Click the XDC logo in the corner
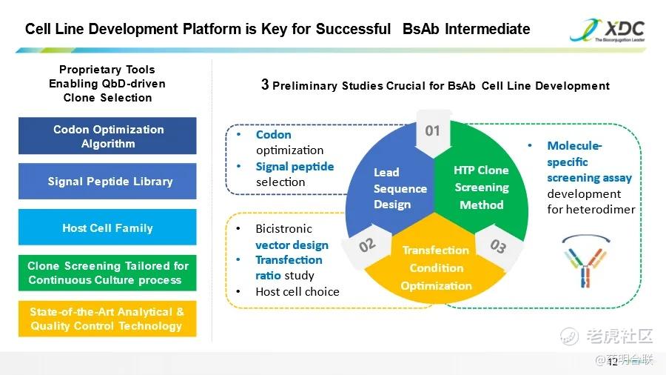[608, 30]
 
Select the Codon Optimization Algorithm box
[107, 136]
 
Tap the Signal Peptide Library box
[107, 182]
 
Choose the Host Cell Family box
[107, 228]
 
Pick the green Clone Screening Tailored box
[107, 273]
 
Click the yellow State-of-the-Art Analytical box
[107, 319]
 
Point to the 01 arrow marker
[433, 133]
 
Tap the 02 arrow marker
[367, 246]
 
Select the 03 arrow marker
[498, 246]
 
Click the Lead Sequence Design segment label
[400, 188]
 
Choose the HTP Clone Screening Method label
[481, 187]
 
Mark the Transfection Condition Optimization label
[436, 268]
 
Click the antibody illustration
[586, 262]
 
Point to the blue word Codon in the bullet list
[274, 135]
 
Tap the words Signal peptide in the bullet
[295, 167]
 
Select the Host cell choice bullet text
[297, 292]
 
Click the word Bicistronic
[283, 229]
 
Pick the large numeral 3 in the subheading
[265, 84]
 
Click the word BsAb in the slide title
[420, 29]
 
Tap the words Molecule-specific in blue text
[574, 154]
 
